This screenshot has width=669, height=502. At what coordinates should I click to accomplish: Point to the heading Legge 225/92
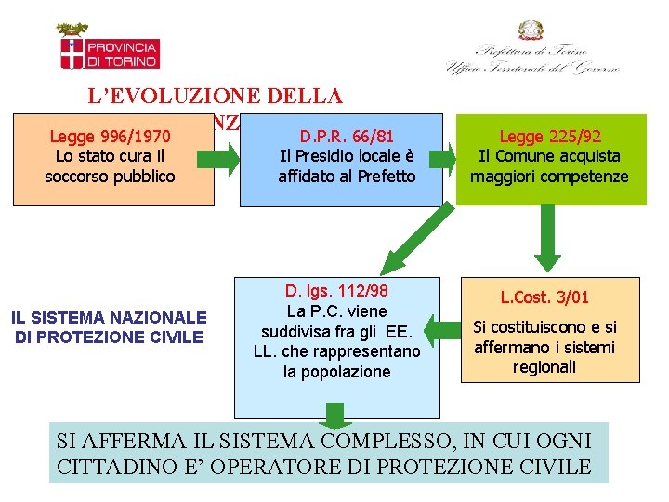pos(549,137)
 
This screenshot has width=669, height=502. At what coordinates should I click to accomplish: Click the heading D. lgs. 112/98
pos(336,290)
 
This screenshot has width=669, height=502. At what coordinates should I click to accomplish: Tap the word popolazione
pos(336,372)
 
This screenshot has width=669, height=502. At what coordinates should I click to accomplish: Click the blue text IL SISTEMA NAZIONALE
pos(108,319)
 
